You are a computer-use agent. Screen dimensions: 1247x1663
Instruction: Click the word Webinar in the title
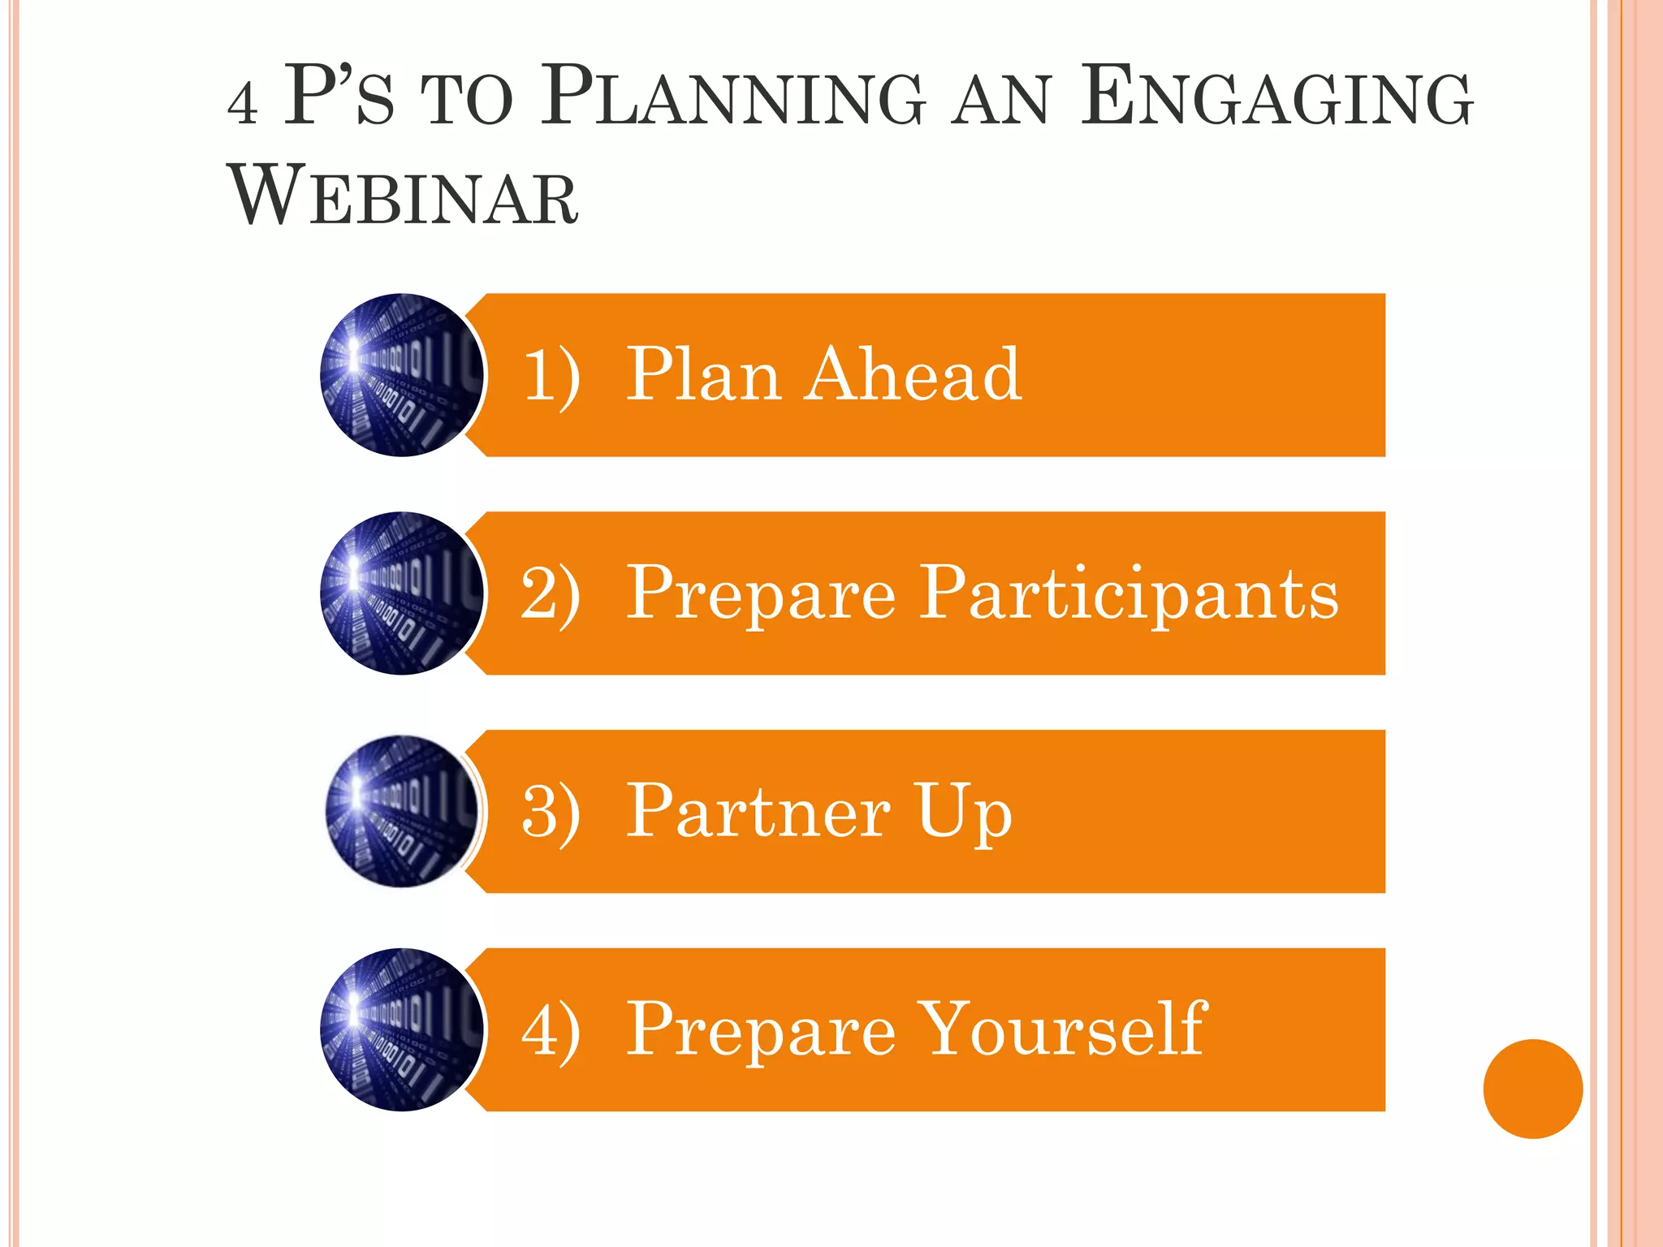[x=404, y=197]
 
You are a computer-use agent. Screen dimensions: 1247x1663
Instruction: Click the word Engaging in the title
[x=1276, y=98]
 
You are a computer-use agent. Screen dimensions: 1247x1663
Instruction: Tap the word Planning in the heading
[x=732, y=98]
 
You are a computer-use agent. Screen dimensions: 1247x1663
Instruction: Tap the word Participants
[x=1129, y=594]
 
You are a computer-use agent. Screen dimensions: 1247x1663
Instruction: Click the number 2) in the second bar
[x=551, y=593]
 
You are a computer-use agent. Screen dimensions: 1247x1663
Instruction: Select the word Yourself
[x=1064, y=1029]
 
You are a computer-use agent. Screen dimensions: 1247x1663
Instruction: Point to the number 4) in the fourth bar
[x=551, y=1029]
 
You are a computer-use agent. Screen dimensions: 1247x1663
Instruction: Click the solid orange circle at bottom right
[x=1532, y=1089]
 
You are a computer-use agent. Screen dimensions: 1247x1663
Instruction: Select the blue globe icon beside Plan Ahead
[x=402, y=375]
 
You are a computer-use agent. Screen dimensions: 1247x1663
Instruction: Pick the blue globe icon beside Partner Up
[x=402, y=811]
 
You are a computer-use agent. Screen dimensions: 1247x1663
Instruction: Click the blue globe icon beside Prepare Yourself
[x=402, y=1029]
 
